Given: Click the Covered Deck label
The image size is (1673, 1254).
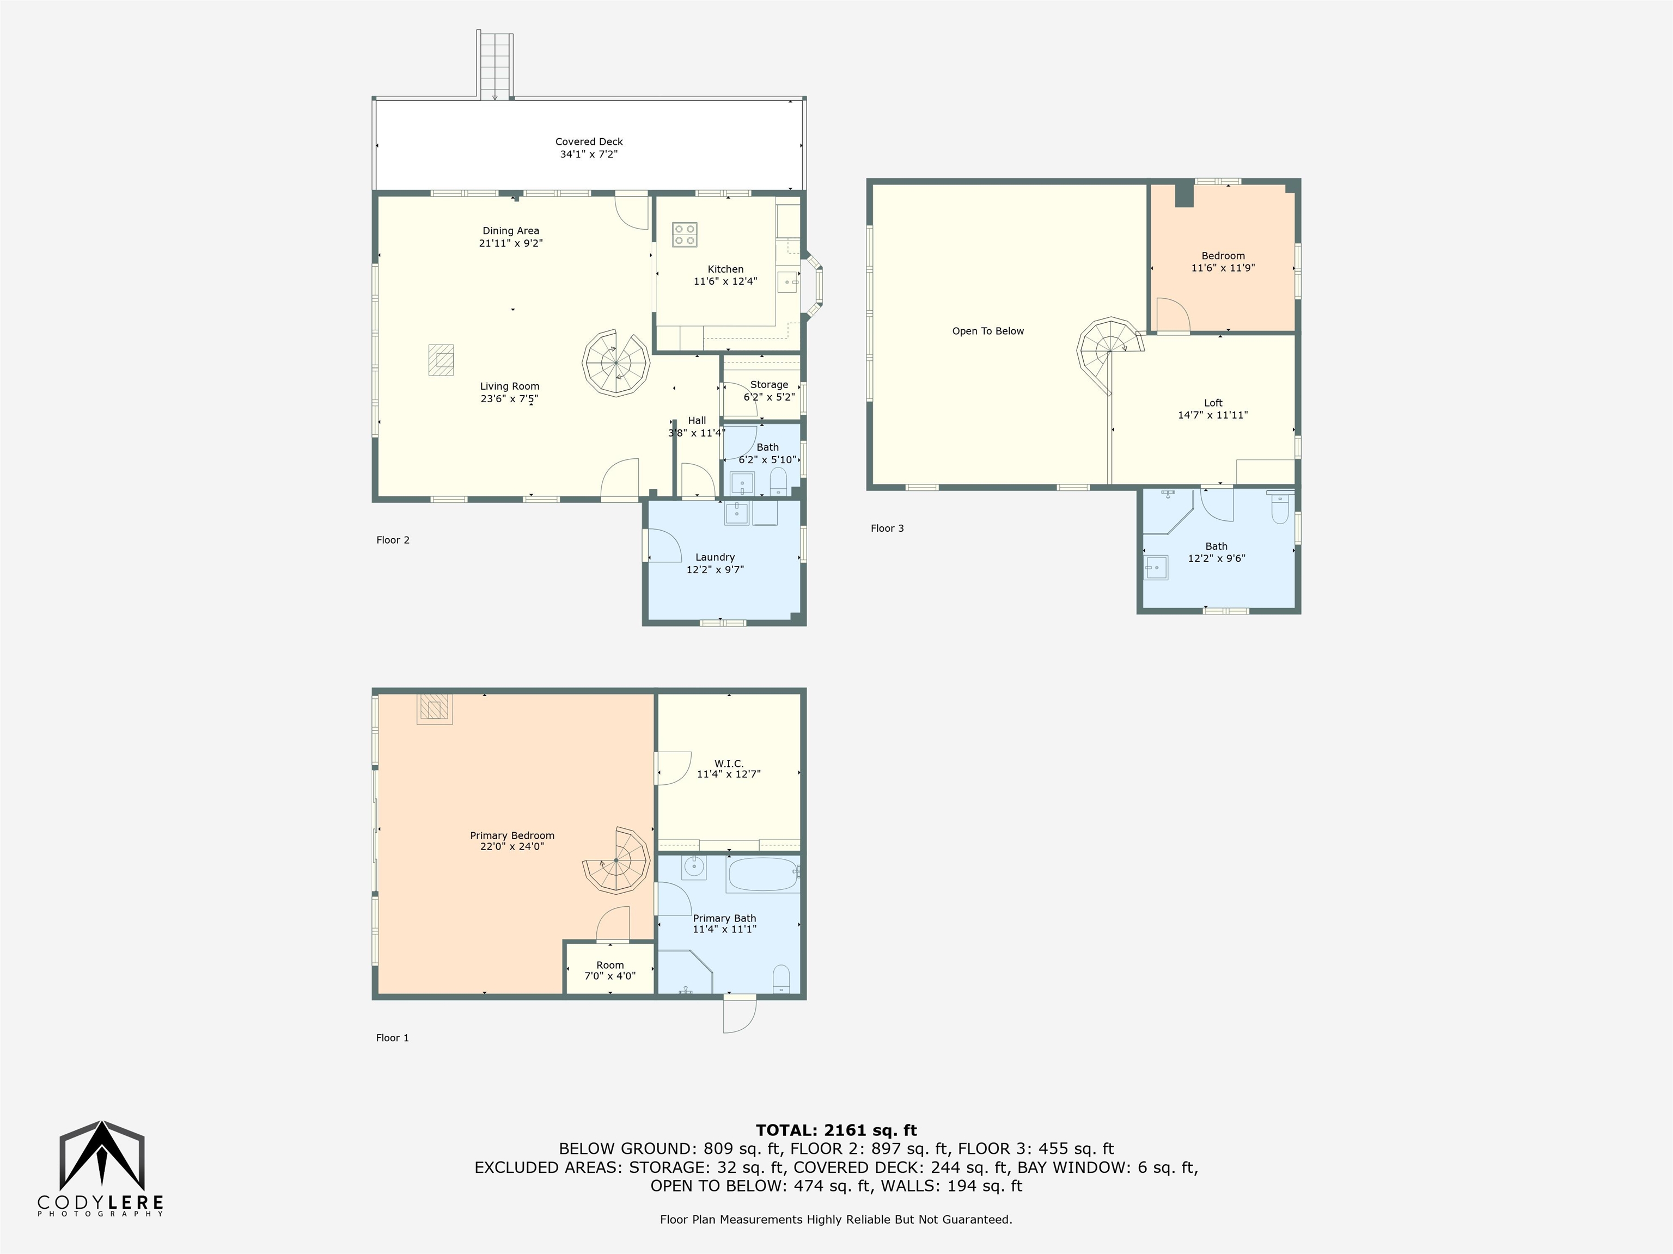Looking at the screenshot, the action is click(x=589, y=142).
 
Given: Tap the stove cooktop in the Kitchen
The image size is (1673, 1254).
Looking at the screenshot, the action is click(x=685, y=235).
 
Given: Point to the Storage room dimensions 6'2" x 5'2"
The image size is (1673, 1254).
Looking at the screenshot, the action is click(x=769, y=397).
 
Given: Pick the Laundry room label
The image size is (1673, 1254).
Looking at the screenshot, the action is click(x=715, y=557).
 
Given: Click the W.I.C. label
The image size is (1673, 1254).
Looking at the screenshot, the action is click(x=728, y=764).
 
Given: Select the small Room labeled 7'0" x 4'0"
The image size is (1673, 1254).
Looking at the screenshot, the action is click(x=609, y=968).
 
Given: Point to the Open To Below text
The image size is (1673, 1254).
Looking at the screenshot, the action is click(x=988, y=331).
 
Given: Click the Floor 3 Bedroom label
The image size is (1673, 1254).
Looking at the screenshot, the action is click(x=1223, y=255).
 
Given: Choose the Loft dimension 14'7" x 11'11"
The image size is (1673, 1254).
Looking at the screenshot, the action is click(x=1213, y=415).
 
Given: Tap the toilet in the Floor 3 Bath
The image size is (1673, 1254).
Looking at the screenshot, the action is click(x=1280, y=508).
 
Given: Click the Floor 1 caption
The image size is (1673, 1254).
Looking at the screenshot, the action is click(x=393, y=1038).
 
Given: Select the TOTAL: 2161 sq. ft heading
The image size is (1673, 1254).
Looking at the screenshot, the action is click(x=836, y=1130).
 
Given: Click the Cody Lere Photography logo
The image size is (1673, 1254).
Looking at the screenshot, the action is click(x=101, y=1169).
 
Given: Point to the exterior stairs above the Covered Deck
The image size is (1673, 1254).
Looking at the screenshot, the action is click(x=494, y=65).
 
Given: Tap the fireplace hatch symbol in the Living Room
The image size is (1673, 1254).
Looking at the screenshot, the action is click(x=441, y=360).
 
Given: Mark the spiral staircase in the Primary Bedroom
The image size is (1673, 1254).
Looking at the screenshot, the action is click(x=617, y=861).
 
